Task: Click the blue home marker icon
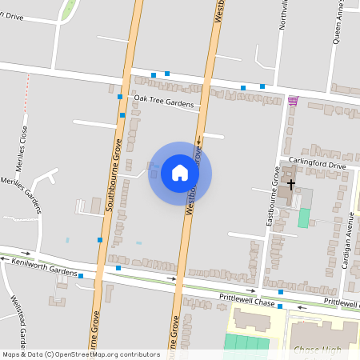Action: coord(180,173)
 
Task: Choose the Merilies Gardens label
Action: coord(24,196)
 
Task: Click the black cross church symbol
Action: coord(291,184)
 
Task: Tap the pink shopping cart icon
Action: coord(293,100)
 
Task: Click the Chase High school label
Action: coord(318,350)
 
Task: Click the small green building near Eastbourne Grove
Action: coord(304,218)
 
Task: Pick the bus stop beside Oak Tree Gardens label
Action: coord(120,97)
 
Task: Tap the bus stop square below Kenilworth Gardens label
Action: coord(81,276)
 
